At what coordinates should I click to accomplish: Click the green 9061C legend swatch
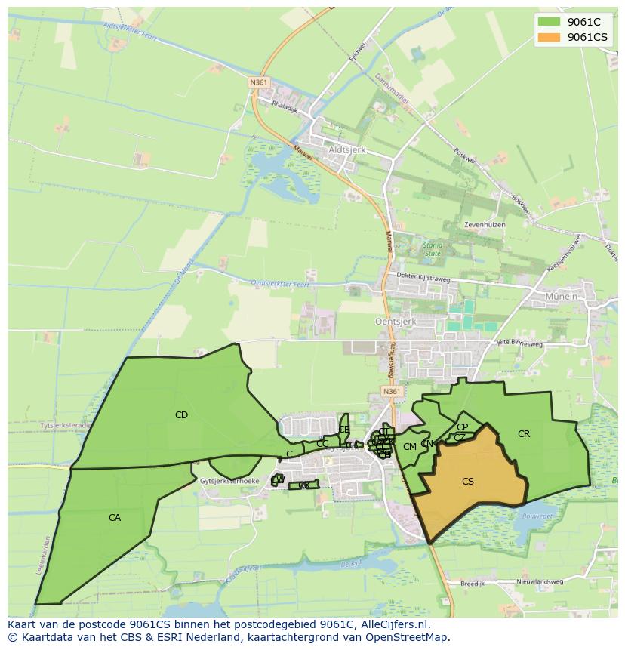click(550, 22)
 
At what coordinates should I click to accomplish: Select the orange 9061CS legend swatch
click(550, 37)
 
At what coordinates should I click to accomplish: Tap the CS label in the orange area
click(468, 481)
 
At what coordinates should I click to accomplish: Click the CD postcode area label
click(181, 414)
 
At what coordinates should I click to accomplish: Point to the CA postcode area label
click(115, 517)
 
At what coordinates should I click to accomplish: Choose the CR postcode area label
click(524, 433)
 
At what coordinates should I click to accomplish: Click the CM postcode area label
click(410, 446)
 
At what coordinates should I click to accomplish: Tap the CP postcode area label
click(462, 427)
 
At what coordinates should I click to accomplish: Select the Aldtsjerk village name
click(347, 150)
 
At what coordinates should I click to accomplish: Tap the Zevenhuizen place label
click(485, 225)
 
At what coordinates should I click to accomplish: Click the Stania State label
click(433, 249)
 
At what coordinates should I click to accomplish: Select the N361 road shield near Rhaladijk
click(260, 82)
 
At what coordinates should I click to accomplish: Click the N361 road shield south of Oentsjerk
click(391, 391)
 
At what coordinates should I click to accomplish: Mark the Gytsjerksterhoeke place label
click(230, 480)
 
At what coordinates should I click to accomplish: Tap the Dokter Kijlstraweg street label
click(423, 279)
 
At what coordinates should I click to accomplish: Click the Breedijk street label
click(472, 583)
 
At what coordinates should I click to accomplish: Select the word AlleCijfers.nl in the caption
click(392, 624)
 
